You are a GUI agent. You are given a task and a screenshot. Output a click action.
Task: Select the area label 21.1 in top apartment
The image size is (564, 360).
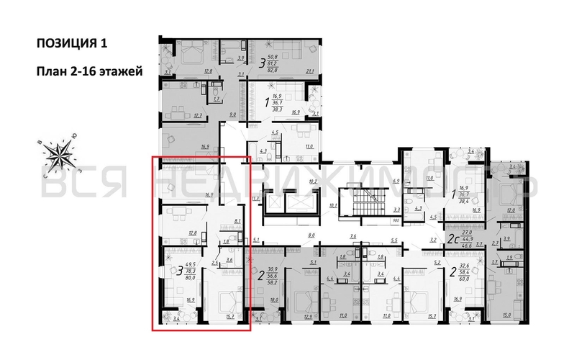pos(310,71)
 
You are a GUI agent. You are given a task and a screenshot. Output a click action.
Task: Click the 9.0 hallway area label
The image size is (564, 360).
pos(232,113)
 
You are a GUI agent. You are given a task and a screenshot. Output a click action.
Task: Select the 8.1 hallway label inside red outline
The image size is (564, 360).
pos(238,222)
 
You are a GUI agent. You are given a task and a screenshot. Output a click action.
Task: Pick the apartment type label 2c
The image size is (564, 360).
pos(453,239)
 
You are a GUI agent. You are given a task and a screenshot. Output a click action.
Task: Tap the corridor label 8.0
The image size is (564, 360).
pos(312,235)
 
